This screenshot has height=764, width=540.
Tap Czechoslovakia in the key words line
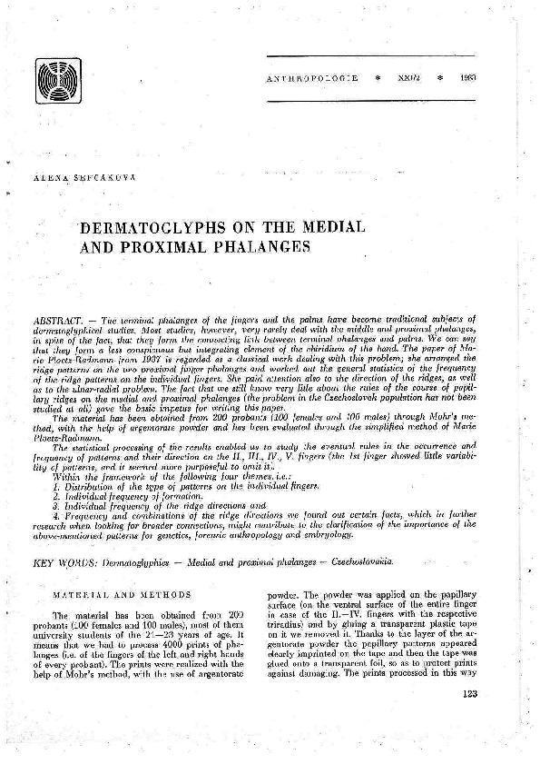(x=359, y=563)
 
